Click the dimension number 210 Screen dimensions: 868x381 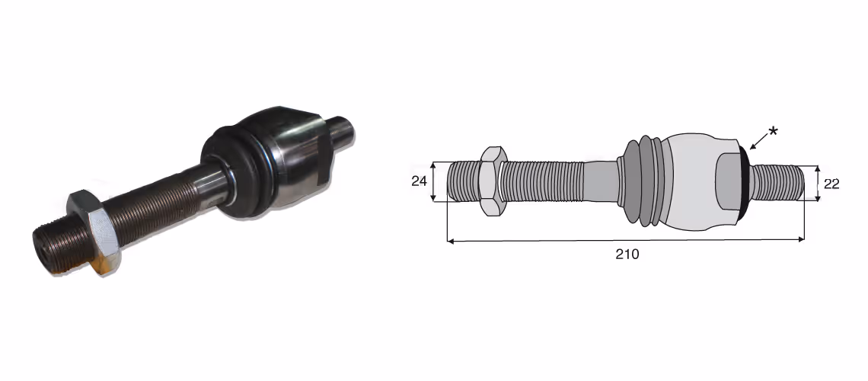pos(627,255)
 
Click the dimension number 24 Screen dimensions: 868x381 pos(419,181)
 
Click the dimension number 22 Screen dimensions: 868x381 pos(831,184)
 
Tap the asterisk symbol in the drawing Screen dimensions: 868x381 pos(773,132)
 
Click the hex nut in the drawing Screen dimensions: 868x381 pos(492,181)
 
